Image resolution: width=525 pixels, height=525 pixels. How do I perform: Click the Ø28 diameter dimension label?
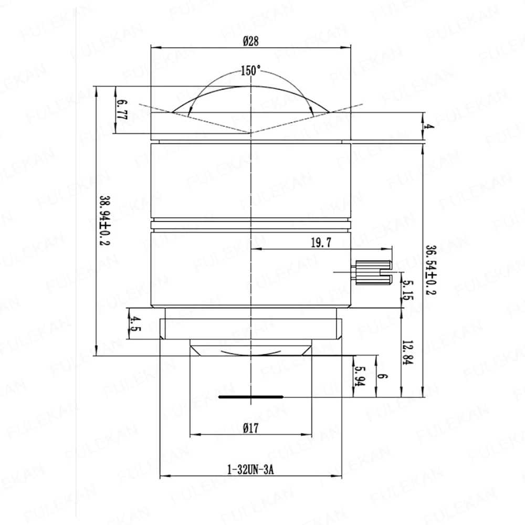click(251, 41)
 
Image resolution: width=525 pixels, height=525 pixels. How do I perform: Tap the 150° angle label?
click(251, 71)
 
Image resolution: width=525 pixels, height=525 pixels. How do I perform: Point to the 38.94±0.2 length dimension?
click(104, 220)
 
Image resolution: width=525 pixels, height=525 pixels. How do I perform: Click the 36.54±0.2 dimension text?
click(431, 270)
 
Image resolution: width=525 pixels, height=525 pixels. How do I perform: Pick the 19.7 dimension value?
click(321, 242)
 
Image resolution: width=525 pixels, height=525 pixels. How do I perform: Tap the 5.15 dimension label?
click(408, 290)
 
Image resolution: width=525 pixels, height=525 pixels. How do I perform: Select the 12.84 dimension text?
click(407, 353)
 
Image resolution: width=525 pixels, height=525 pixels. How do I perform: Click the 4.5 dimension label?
click(135, 323)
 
